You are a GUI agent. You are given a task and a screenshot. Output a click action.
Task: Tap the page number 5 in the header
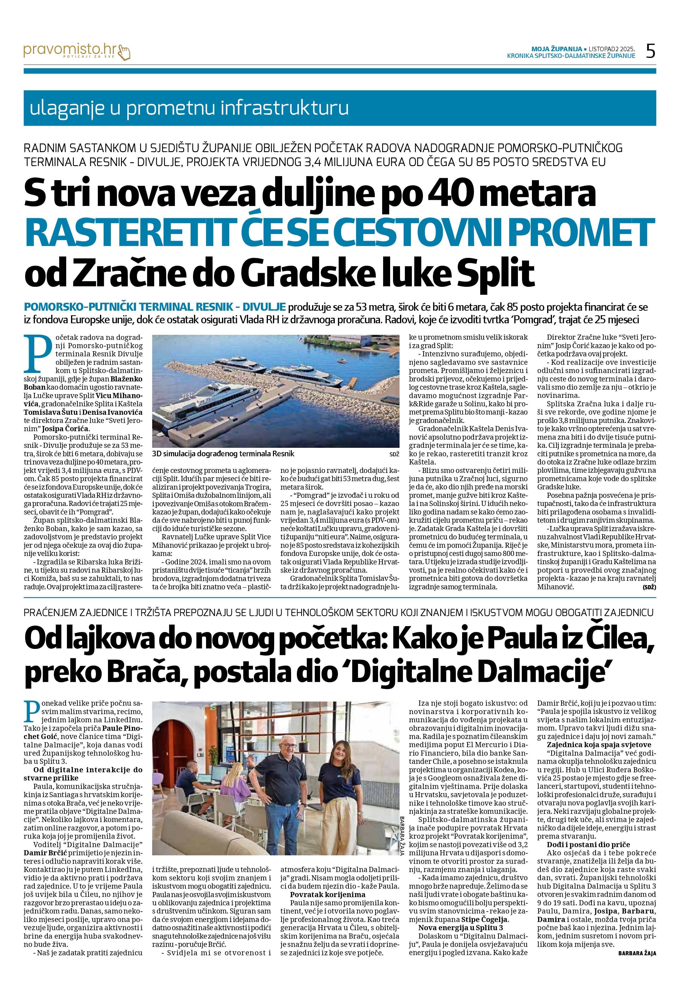650,51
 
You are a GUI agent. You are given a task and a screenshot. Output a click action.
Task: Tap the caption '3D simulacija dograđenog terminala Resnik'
223,453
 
